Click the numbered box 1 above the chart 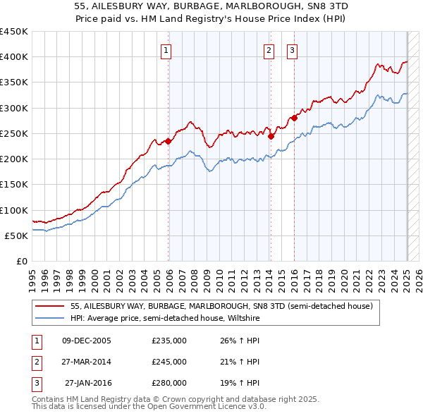coord(165,49)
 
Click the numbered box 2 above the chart coord(269,49)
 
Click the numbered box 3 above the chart coord(292,49)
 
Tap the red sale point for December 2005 coord(168,141)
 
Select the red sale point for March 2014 coord(271,136)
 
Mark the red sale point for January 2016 coord(295,118)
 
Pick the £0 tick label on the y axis coord(22,262)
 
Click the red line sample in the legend coord(51,307)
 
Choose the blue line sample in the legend coord(51,319)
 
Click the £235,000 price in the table coord(169,340)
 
